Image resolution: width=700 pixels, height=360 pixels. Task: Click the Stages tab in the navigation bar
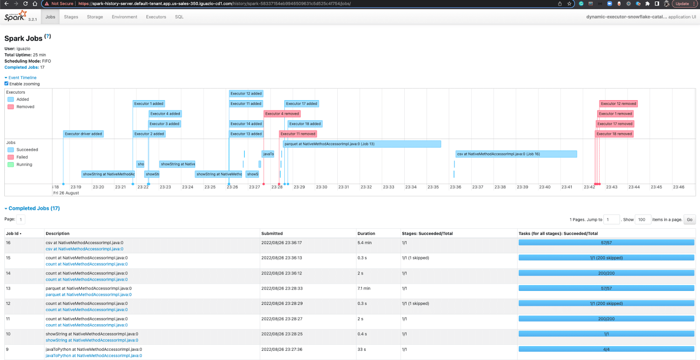[71, 17]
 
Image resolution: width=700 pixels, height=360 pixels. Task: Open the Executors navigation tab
[156, 17]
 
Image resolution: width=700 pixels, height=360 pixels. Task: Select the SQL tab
[179, 17]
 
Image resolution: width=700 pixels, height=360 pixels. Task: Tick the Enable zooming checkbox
[7, 84]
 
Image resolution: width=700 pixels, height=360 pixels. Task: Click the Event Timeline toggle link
[22, 78]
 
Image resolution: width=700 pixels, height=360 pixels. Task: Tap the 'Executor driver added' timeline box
[83, 134]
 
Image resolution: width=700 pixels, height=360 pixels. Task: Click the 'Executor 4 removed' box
[282, 114]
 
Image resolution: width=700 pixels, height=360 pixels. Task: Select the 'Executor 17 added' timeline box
[301, 104]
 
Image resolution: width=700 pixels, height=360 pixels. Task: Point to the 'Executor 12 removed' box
[618, 104]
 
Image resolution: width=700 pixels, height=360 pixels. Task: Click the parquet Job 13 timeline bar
[362, 144]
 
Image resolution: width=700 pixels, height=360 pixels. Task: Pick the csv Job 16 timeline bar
[516, 154]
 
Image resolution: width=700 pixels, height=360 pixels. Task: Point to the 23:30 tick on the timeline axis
[322, 187]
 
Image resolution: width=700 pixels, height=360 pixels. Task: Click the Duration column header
[366, 234]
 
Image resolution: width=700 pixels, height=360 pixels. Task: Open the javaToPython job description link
[94, 356]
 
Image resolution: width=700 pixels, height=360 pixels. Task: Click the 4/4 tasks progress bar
[606, 350]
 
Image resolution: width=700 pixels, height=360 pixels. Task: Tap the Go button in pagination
[689, 220]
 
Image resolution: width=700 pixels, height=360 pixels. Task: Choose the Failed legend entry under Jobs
[22, 157]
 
